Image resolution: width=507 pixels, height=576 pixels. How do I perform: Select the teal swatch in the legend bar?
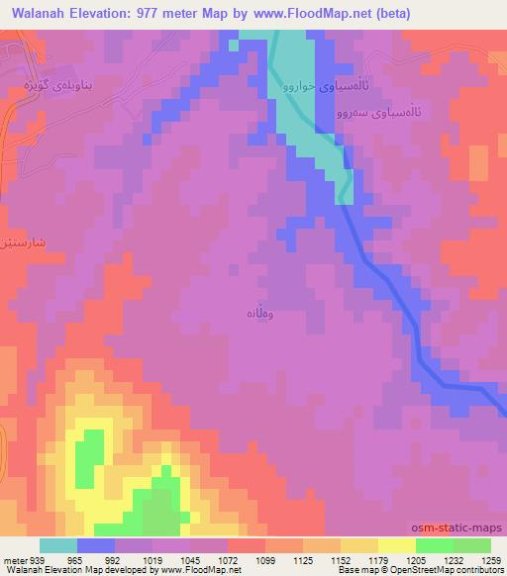coord(57,545)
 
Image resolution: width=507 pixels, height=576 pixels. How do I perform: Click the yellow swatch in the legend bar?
coord(396,545)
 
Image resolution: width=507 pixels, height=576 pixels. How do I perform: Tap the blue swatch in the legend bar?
coord(95,545)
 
